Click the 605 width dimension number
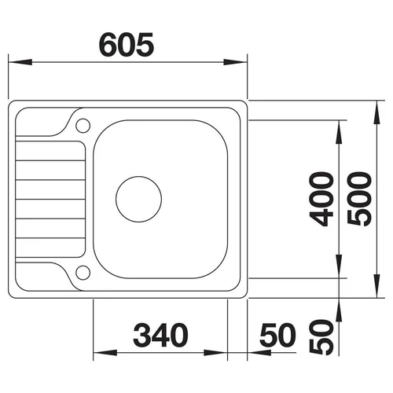(x=127, y=45)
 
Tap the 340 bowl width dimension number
(x=160, y=335)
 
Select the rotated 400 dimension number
(x=321, y=199)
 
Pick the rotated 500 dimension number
(x=359, y=199)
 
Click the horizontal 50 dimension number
(x=278, y=335)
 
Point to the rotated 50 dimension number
(x=321, y=337)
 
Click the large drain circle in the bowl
(x=138, y=199)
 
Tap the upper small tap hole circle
(x=83, y=126)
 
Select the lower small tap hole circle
(x=83, y=273)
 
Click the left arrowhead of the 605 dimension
(x=20, y=62)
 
